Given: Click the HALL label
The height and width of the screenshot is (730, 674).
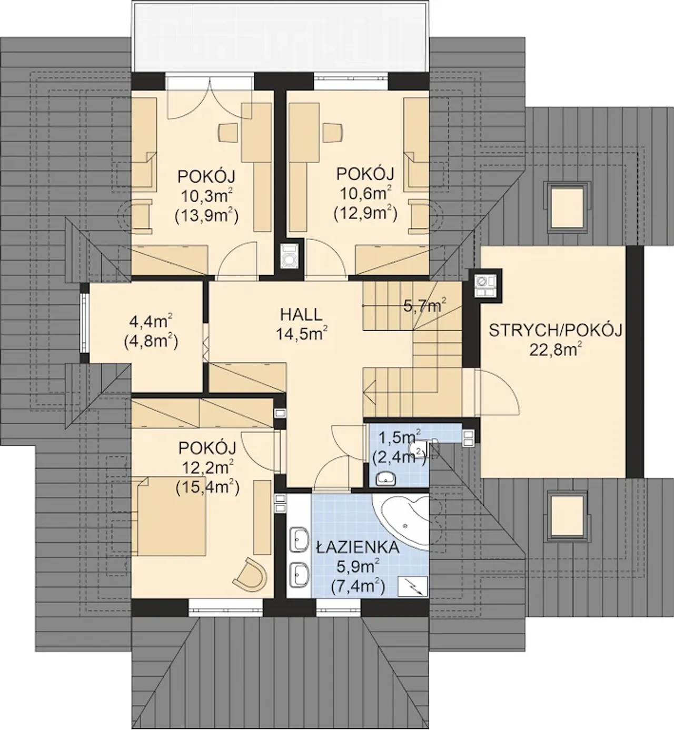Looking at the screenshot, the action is [301, 315].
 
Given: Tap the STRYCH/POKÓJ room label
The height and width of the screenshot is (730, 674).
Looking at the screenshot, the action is [555, 331].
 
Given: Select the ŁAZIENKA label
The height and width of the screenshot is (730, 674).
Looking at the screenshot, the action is [358, 547].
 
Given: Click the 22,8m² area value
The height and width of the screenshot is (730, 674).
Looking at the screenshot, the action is [555, 349].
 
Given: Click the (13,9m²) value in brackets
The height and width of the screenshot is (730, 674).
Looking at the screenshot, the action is [206, 216].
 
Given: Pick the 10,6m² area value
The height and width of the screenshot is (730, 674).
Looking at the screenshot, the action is [365, 193].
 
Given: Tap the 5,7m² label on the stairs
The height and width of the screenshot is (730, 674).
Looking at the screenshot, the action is [425, 305].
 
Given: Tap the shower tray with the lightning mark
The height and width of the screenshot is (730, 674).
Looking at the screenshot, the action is [413, 586].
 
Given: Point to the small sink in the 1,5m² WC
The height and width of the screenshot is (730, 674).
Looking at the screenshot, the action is [385, 478].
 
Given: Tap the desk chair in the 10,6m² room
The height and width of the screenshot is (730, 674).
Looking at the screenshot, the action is [333, 132].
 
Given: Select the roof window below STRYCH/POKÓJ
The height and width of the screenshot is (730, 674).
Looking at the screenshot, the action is [567, 516].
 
